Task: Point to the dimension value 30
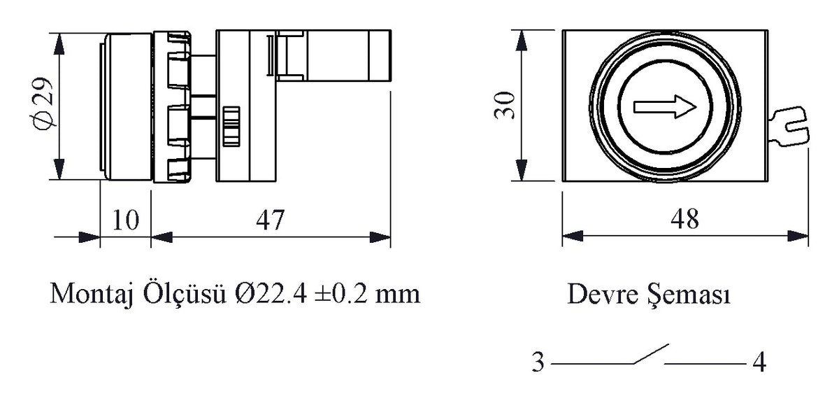[505, 105]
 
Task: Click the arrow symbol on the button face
[665, 106]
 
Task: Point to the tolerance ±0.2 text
[341, 294]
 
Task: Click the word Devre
[600, 295]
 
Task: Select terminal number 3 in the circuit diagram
[538, 363]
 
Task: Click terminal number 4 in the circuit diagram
[759, 363]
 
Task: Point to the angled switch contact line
[650, 354]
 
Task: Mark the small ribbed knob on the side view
[230, 127]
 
